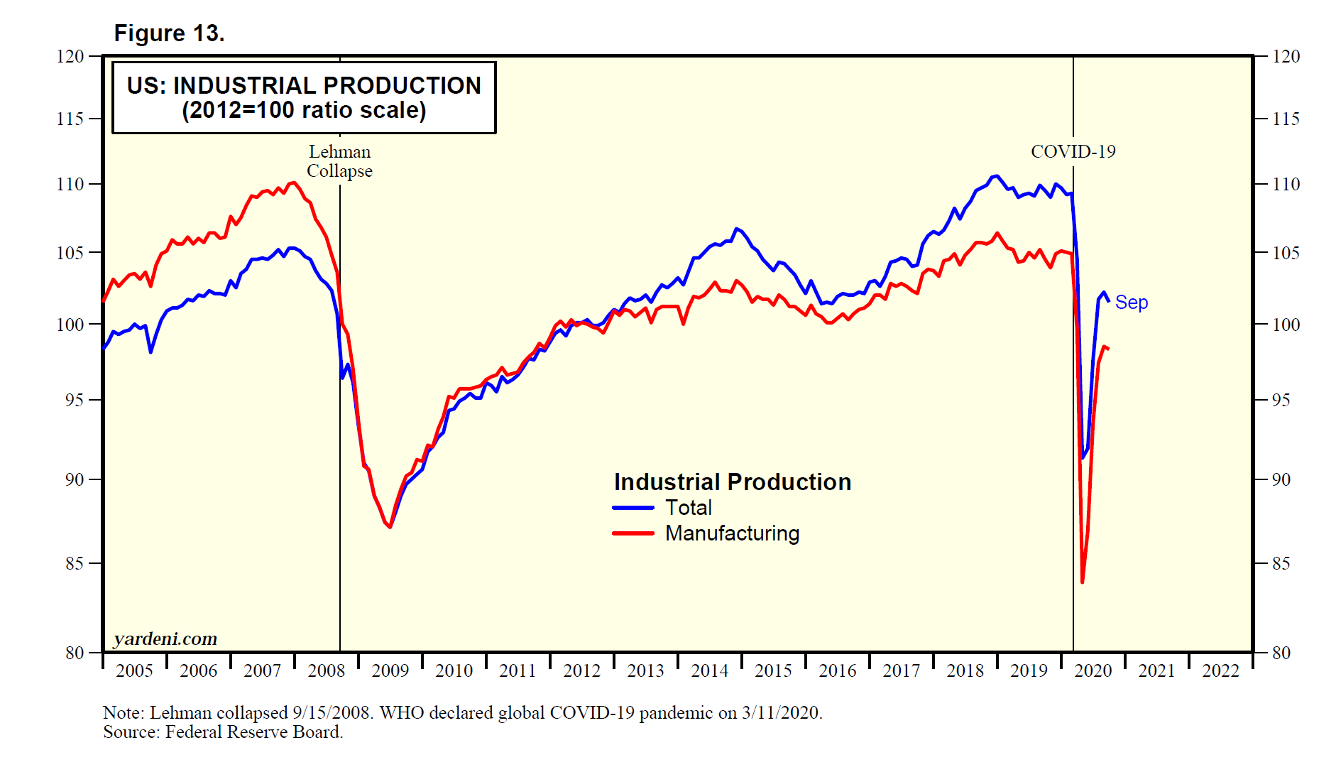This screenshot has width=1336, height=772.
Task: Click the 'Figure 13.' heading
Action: tap(169, 33)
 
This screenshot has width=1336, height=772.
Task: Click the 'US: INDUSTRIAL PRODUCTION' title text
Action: tap(304, 85)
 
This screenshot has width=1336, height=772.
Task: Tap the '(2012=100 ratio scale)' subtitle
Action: tap(304, 111)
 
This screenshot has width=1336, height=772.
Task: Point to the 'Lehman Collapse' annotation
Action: tap(339, 161)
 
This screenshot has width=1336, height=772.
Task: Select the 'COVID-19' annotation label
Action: tap(1073, 151)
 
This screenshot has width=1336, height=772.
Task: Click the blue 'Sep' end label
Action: tap(1131, 303)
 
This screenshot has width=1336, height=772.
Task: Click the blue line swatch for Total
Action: tap(633, 508)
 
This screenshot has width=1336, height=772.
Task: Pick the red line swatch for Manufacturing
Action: tap(633, 533)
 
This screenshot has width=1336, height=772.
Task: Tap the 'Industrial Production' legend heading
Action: tap(732, 482)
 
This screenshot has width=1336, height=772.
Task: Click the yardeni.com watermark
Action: tap(165, 639)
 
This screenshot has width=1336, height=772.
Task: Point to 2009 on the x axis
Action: tap(390, 670)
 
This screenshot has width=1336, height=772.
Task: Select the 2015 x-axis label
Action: tap(773, 670)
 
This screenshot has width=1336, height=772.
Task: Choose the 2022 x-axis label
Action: tap(1220, 670)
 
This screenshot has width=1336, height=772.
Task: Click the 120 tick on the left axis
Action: tap(70, 56)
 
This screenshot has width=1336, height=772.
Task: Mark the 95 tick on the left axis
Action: tap(74, 400)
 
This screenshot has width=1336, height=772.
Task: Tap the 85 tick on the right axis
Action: tap(1281, 563)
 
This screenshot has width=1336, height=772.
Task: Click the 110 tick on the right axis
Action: tap(1286, 184)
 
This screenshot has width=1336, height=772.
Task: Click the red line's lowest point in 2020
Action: tap(1082, 582)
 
